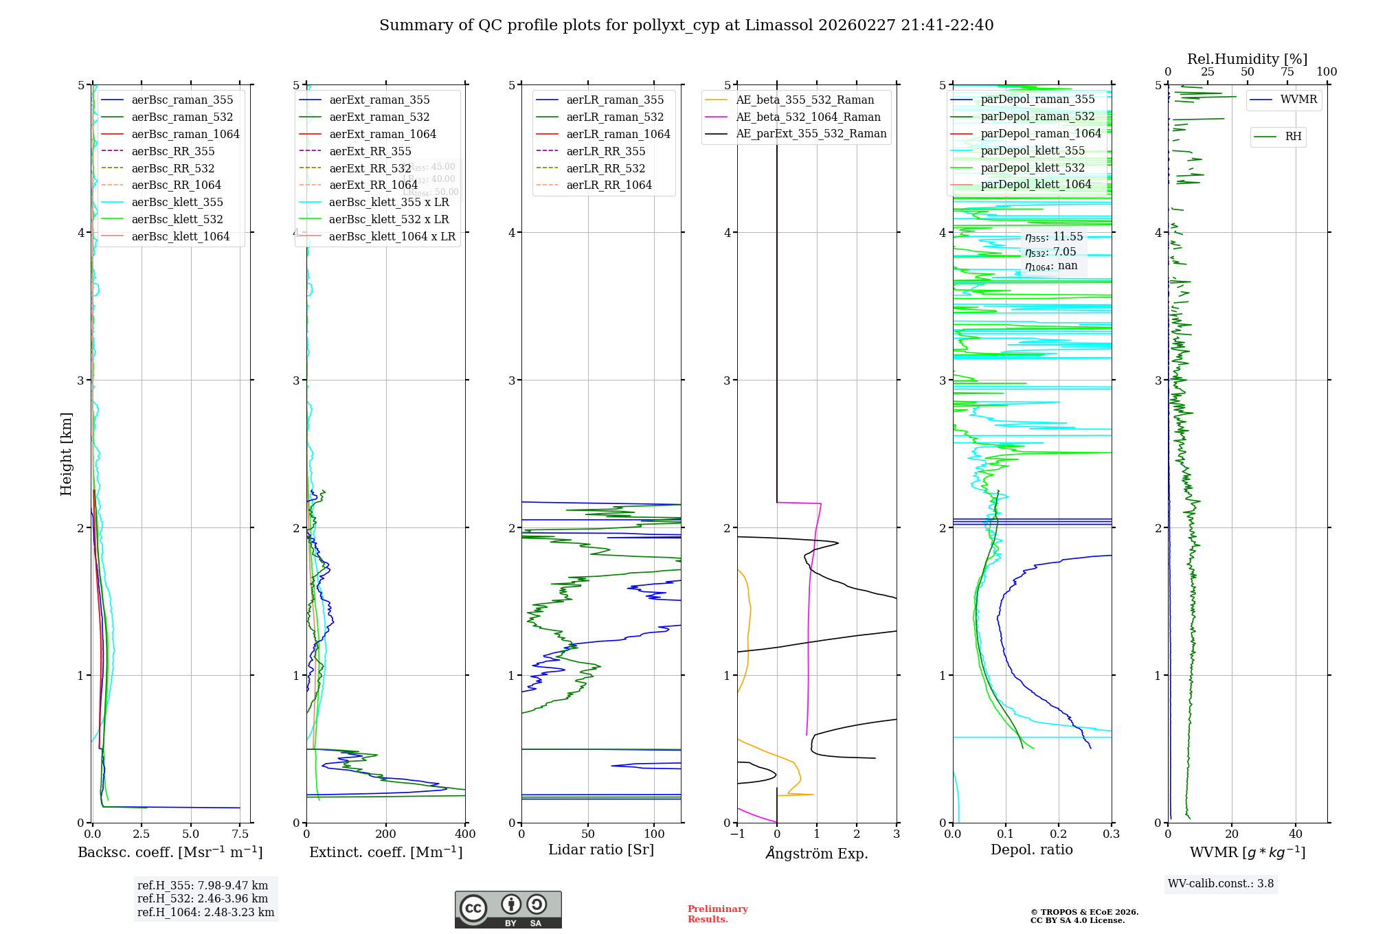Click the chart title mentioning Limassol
point(686,25)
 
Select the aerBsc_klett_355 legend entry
point(177,202)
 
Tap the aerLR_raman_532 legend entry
point(614,117)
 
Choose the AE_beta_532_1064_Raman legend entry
point(808,117)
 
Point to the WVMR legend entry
point(1298,100)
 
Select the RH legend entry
point(1293,137)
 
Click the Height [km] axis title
point(66,454)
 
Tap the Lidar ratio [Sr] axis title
point(601,850)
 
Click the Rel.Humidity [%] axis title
point(1247,59)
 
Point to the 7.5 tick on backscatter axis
point(240,834)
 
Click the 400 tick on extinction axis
point(465,834)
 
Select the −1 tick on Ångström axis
point(737,834)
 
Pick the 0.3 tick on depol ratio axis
point(1111,834)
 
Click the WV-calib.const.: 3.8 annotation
point(1221,884)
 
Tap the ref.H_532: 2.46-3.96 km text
point(203,898)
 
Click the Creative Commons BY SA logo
point(508,909)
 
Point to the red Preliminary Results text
point(717,914)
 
